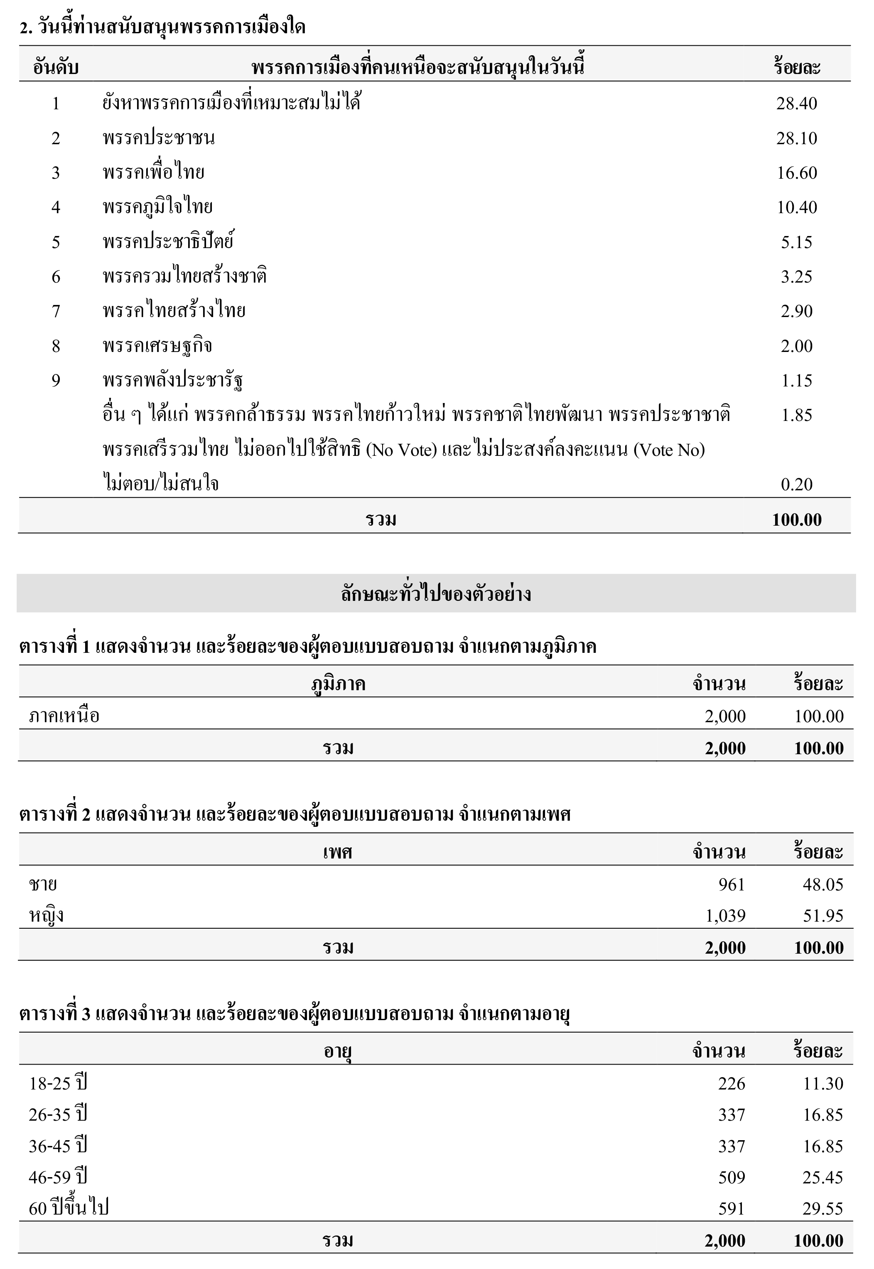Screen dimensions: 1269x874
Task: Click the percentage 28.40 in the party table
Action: [796, 103]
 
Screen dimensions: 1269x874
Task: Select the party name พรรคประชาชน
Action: [158, 138]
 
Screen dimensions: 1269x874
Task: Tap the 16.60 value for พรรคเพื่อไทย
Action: [796, 173]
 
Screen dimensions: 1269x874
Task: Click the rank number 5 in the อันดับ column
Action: [56, 242]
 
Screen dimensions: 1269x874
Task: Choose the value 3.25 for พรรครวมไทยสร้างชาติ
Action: [796, 277]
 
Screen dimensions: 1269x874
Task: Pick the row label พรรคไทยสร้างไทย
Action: [174, 311]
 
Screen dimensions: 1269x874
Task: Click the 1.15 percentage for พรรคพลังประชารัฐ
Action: [796, 381]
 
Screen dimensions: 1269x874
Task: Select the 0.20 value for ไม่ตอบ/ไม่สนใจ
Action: [796, 484]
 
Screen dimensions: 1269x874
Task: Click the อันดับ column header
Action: [56, 67]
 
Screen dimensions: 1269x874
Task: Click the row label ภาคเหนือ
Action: [64, 716]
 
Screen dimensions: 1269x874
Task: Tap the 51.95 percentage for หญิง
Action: [822, 916]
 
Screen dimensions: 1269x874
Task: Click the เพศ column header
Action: [337, 852]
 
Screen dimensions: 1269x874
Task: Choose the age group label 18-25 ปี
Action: [58, 1083]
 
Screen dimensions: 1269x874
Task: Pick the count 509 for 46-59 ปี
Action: [732, 1177]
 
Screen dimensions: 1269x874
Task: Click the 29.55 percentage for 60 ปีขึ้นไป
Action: [822, 1208]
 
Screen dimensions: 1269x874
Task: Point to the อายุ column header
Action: [337, 1051]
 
